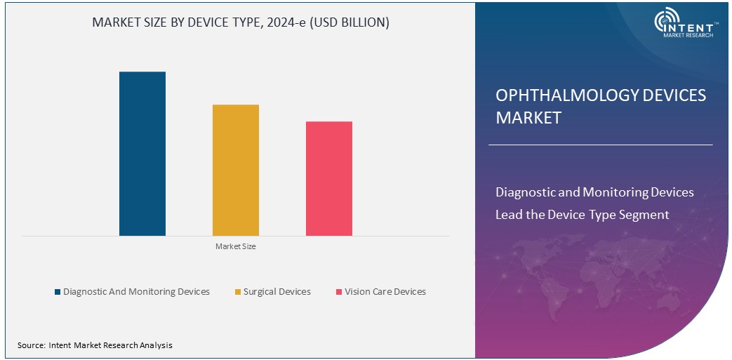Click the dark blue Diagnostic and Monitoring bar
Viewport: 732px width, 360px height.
click(x=142, y=154)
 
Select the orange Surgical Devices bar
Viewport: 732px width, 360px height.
click(x=236, y=170)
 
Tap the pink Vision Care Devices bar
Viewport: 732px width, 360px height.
click(x=329, y=178)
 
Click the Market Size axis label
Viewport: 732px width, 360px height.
click(x=235, y=246)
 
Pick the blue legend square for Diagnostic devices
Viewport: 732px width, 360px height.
click(x=57, y=292)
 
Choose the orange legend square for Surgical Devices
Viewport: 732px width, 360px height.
click(x=237, y=292)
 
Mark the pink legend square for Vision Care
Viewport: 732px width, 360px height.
click(x=338, y=292)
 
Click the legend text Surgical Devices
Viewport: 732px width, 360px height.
click(x=277, y=292)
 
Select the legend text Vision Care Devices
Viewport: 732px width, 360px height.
click(x=385, y=292)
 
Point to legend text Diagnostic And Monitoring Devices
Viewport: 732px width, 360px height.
click(x=136, y=292)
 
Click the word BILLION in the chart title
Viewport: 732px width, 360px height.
click(x=359, y=22)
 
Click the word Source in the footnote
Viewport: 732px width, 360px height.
click(x=30, y=345)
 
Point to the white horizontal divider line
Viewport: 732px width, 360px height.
click(x=600, y=145)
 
